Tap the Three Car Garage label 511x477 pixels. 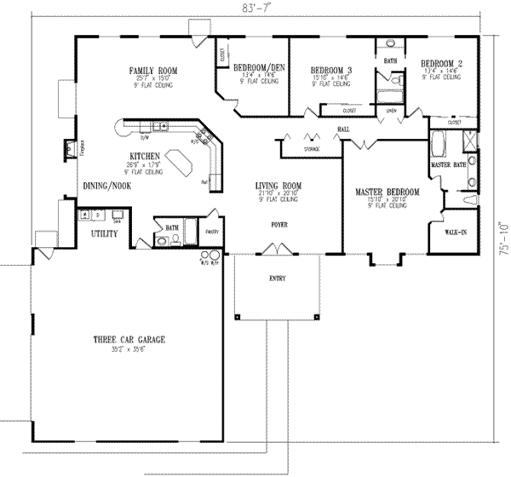[129, 340]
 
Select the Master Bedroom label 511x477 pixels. [388, 193]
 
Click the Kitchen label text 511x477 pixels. [141, 155]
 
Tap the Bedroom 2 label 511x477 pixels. [442, 63]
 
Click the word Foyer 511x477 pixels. [278, 226]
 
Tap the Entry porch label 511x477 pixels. [277, 279]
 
